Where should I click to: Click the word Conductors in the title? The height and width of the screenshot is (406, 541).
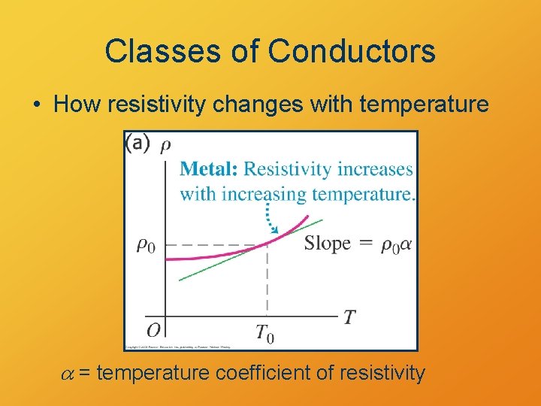[x=352, y=51]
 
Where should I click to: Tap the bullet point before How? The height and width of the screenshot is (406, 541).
[x=37, y=105]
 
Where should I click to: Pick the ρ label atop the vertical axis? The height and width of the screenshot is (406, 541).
[x=165, y=145]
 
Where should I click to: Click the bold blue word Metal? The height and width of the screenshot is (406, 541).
[x=210, y=169]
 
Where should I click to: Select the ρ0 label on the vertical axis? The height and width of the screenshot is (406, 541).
[x=146, y=245]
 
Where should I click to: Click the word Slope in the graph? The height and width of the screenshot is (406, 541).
[x=327, y=243]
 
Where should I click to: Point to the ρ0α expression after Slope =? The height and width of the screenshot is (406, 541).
[x=396, y=244]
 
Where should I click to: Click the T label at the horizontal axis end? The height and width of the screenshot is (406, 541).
[x=349, y=317]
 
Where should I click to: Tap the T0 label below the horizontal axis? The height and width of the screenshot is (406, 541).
[x=264, y=333]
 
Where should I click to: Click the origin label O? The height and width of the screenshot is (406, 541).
[x=153, y=331]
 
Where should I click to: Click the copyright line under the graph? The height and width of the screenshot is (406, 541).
[x=178, y=347]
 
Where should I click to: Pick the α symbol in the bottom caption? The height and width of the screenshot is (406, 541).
[x=66, y=372]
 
